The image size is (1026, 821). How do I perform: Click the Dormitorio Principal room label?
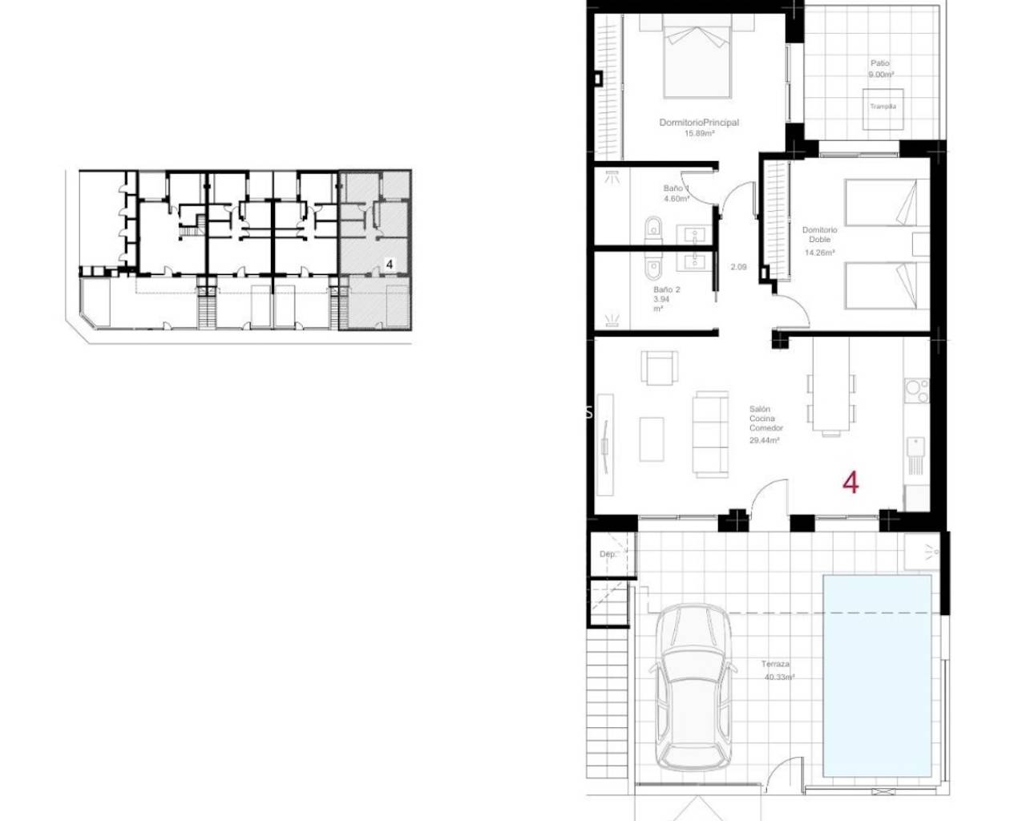[698, 123]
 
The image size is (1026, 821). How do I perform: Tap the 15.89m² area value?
[698, 134]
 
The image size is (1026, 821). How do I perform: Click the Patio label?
[880, 63]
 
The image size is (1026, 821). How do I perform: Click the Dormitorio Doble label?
[819, 234]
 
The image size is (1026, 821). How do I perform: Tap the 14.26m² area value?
[819, 253]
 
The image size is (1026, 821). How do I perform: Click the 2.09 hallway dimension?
[738, 267]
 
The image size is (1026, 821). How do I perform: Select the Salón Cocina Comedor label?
[761, 419]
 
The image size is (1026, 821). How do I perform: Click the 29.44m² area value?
[765, 440]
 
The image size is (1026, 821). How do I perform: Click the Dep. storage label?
[607, 554]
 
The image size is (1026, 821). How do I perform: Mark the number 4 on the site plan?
[389, 263]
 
